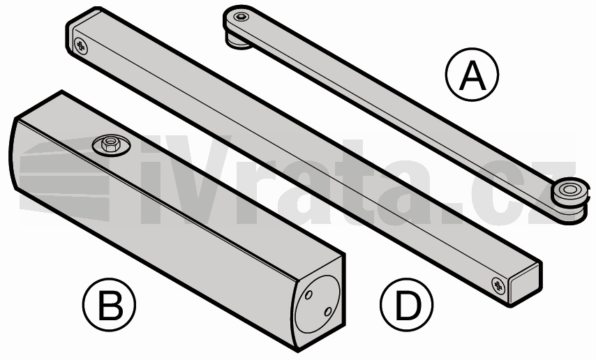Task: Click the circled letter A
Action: [472, 75]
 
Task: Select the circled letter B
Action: [109, 304]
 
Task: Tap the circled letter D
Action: [407, 304]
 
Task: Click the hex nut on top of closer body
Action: [110, 144]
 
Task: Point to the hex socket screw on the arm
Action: [241, 17]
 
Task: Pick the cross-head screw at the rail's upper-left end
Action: [80, 46]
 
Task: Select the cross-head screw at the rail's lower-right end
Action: [498, 285]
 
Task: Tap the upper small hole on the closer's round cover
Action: [308, 294]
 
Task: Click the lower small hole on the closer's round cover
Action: [328, 312]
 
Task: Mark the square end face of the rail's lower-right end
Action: [525, 283]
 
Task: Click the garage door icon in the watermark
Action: [65, 179]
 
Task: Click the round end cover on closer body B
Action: [318, 303]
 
